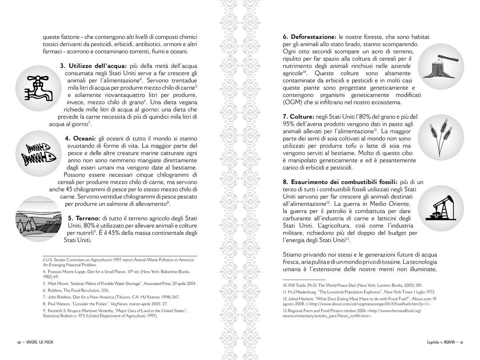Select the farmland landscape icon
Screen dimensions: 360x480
[37, 220]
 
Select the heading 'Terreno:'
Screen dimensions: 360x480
[84, 219]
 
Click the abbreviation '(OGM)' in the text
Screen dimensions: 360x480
[293, 102]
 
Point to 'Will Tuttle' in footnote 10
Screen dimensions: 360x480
[295, 284]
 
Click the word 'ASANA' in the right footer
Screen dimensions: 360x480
[448, 342]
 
